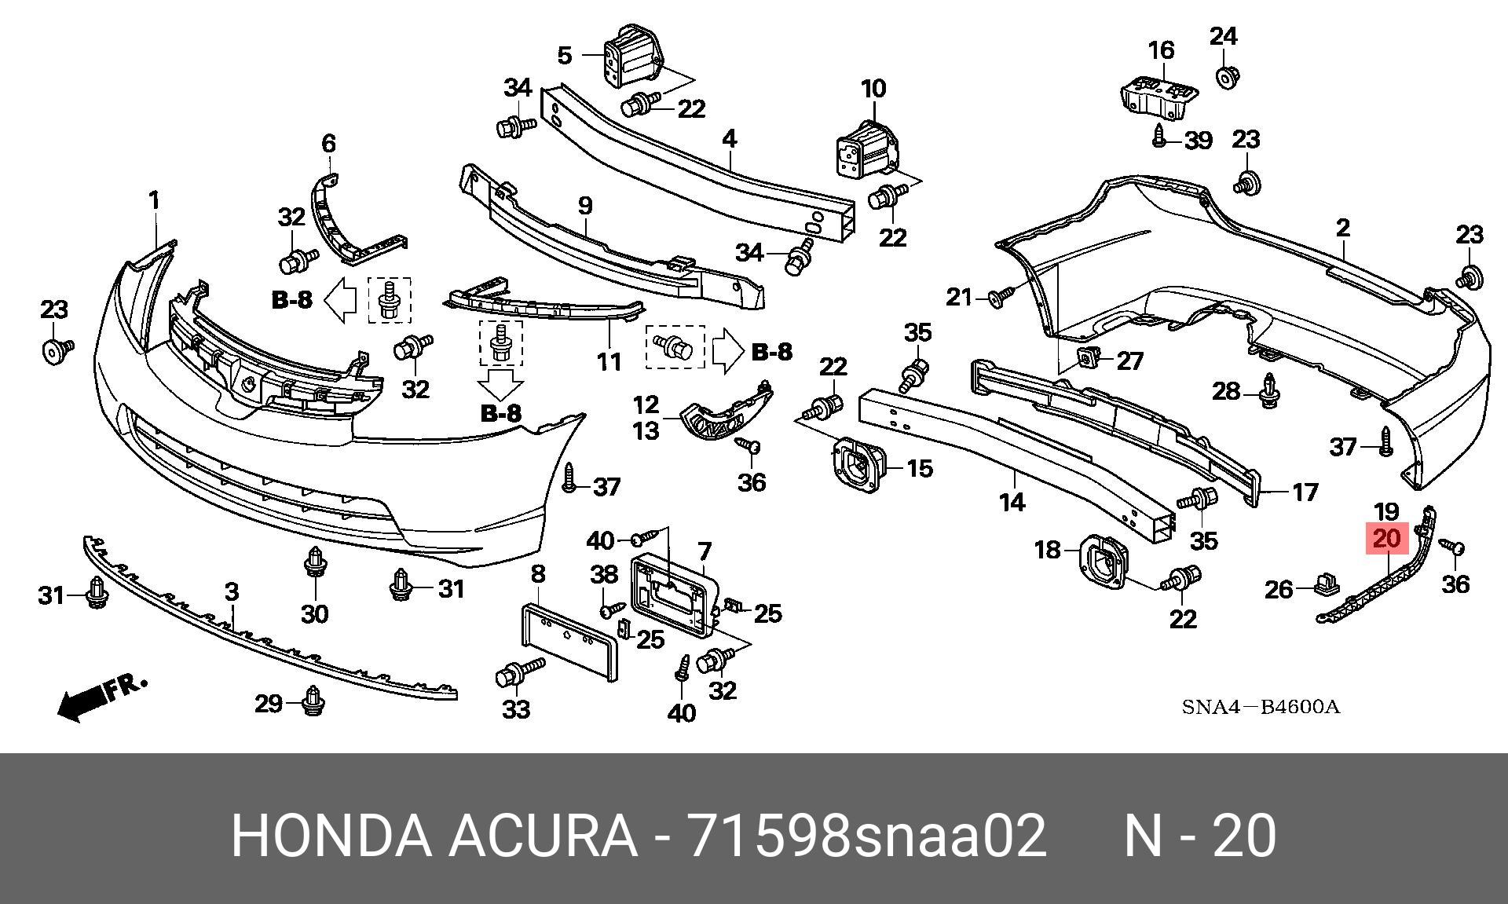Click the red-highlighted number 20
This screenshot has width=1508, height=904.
(x=1387, y=539)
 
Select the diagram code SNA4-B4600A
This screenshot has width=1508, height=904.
(x=1261, y=707)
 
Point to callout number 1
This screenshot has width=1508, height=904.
(x=155, y=200)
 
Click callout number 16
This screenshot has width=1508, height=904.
(x=1161, y=51)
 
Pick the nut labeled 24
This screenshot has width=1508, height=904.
(x=1226, y=79)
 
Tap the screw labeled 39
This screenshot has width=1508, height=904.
(x=1162, y=136)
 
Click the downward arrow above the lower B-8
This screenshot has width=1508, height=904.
(x=501, y=384)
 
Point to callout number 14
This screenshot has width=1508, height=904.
(x=1012, y=501)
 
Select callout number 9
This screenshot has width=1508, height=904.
(x=585, y=207)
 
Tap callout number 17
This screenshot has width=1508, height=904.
(x=1305, y=492)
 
